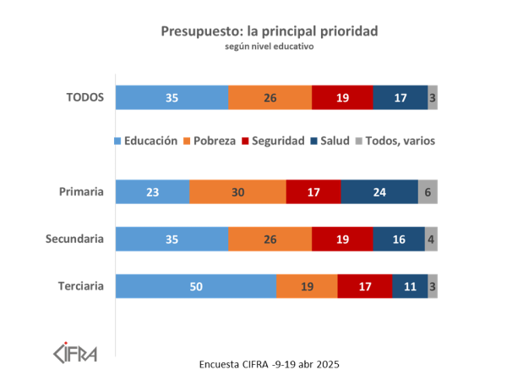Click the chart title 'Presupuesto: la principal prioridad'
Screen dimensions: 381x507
[269, 30]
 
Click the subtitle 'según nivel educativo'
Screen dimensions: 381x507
[269, 47]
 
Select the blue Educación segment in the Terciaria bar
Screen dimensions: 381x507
[196, 286]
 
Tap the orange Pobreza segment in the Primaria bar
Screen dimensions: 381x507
[237, 192]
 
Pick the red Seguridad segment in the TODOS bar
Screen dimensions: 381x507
[342, 97]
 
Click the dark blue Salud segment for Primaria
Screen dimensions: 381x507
[379, 192]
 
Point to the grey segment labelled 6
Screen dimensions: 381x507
[428, 192]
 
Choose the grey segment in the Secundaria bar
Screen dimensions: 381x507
[431, 240]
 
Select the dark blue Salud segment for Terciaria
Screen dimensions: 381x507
[410, 286]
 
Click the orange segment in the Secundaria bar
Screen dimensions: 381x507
[270, 240]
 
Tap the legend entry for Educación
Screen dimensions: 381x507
[145, 141]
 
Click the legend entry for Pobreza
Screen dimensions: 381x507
[209, 141]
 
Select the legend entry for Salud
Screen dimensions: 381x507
[330, 141]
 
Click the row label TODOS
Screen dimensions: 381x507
[84, 97]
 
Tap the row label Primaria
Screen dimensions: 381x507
[82, 192]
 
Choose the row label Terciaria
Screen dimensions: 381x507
[80, 286]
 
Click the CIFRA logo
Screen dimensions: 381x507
[75, 350]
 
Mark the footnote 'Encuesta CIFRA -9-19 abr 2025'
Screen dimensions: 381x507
[269, 364]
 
